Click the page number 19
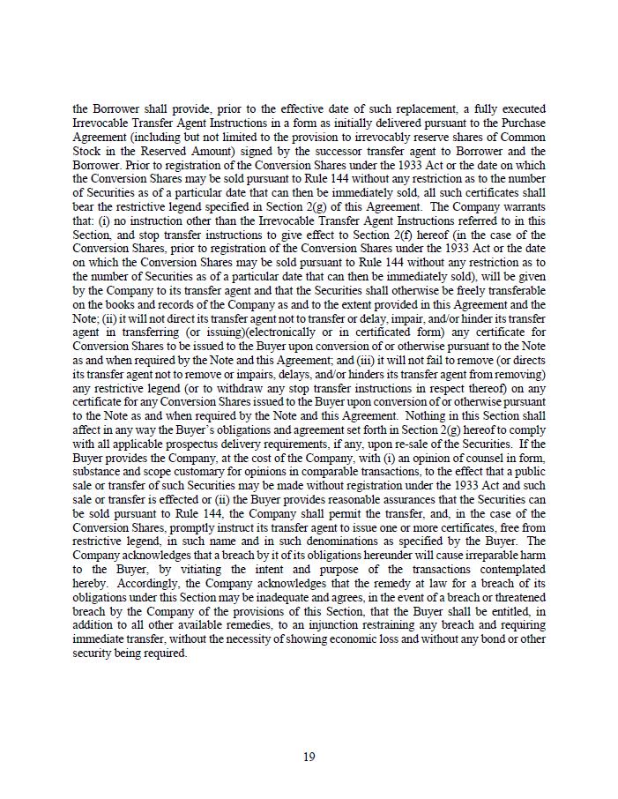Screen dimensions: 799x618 tap(309, 757)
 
